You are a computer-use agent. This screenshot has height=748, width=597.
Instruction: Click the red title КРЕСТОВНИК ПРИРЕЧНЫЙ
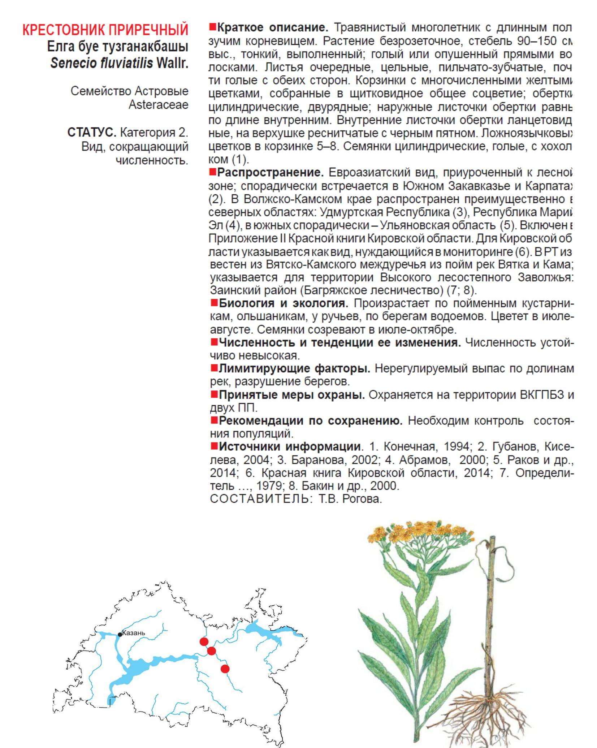pyautogui.click(x=105, y=30)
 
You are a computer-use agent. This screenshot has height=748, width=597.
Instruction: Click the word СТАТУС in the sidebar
pyautogui.click(x=91, y=133)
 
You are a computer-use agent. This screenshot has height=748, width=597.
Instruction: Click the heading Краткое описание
pyautogui.click(x=273, y=27)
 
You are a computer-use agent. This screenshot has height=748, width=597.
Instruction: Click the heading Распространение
pyautogui.click(x=271, y=173)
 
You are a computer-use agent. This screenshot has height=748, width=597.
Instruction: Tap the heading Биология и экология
pyautogui.click(x=284, y=303)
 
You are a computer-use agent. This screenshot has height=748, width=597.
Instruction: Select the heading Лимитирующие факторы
pyautogui.click(x=294, y=368)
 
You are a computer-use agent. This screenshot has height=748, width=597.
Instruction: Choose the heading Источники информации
pyautogui.click(x=290, y=446)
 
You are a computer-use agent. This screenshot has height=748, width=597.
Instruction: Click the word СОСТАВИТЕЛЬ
pyautogui.click(x=259, y=499)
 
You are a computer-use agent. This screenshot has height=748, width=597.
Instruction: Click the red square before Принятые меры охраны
pyautogui.click(x=214, y=394)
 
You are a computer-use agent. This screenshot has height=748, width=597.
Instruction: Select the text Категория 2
pyautogui.click(x=154, y=133)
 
